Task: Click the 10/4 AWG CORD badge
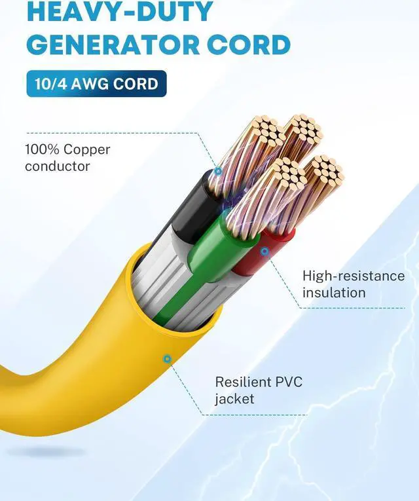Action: (x=96, y=84)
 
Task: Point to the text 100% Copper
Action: (x=67, y=149)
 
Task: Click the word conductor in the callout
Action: (x=57, y=166)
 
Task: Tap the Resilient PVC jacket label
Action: (x=259, y=390)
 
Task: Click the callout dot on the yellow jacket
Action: (x=168, y=358)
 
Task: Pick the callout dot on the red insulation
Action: (x=264, y=250)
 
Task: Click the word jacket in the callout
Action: (x=234, y=399)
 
